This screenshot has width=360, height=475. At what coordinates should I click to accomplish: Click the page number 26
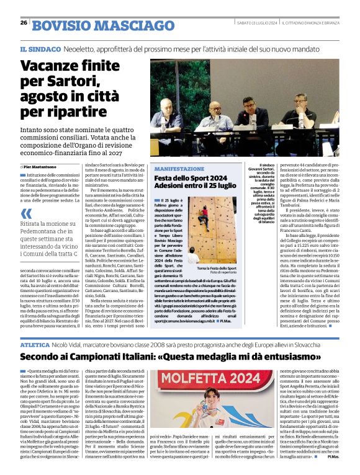pyautogui.click(x=24, y=22)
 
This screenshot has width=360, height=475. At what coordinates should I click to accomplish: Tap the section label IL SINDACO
pyautogui.click(x=40, y=49)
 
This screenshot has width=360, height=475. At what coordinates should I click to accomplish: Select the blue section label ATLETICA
pyautogui.click(x=34, y=343)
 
